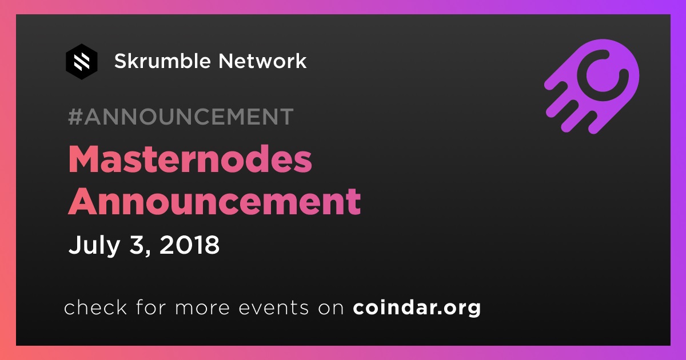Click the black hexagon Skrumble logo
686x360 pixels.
coord(81,62)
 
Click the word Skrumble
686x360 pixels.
coord(162,61)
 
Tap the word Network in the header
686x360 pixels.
coord(262,61)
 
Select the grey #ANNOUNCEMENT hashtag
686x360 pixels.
coord(181,117)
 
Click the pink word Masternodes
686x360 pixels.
coord(190,159)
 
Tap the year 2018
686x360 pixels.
coord(190,245)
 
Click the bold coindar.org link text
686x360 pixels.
coord(417,307)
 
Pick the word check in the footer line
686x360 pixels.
coord(95,307)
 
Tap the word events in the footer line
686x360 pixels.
coord(273,307)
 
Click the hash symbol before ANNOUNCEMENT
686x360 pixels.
coord(75,117)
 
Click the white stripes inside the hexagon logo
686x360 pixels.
coord(82,62)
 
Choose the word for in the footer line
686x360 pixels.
coord(151,307)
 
